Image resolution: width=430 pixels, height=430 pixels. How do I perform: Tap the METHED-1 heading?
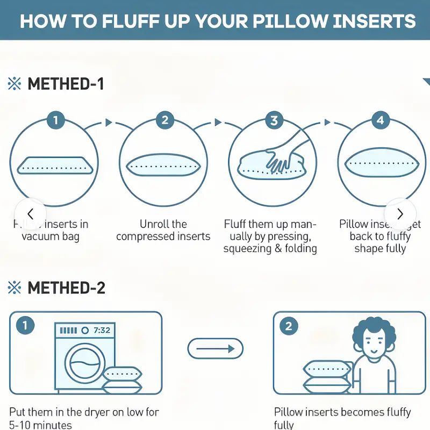coord(66,84)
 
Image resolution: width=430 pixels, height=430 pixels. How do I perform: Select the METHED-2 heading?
coord(66,288)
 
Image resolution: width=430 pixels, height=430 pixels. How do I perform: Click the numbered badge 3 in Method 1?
coord(274,120)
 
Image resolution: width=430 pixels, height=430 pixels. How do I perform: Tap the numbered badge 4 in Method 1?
coord(381,120)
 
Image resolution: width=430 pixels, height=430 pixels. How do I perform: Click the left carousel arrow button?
coord(30,213)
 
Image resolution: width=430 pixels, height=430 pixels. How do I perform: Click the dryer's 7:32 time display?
coord(102,330)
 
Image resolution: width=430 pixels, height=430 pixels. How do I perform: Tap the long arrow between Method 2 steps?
coord(215,349)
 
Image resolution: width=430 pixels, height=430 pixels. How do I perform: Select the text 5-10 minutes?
coord(40,425)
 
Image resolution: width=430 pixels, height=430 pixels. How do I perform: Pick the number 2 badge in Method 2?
coord(289,326)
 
